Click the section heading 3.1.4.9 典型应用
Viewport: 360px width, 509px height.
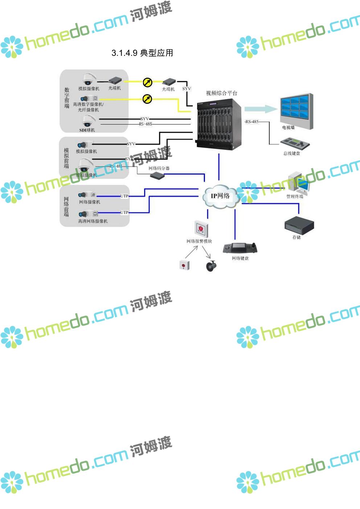pyautogui.click(x=142, y=53)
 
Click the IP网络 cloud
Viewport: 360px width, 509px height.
pyautogui.click(x=220, y=196)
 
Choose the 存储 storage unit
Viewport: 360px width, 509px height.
pyautogui.click(x=299, y=225)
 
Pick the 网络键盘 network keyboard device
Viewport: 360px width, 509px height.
pyautogui.click(x=240, y=248)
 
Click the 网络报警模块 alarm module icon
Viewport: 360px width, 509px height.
pyautogui.click(x=201, y=229)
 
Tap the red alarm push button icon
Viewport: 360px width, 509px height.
pyautogui.click(x=185, y=264)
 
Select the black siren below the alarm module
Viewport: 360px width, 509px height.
pyautogui.click(x=211, y=266)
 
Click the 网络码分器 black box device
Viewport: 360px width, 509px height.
pyautogui.click(x=157, y=176)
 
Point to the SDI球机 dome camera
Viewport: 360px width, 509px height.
pyautogui.click(x=88, y=120)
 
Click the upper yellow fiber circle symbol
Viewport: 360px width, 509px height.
pyautogui.click(x=147, y=83)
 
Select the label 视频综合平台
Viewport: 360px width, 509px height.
pyautogui.click(x=221, y=93)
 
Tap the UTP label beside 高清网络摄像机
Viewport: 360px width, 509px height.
pyautogui.click(x=124, y=213)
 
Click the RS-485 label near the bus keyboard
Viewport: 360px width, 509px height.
pyautogui.click(x=252, y=122)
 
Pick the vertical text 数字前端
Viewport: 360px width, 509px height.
pyautogui.click(x=67, y=98)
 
